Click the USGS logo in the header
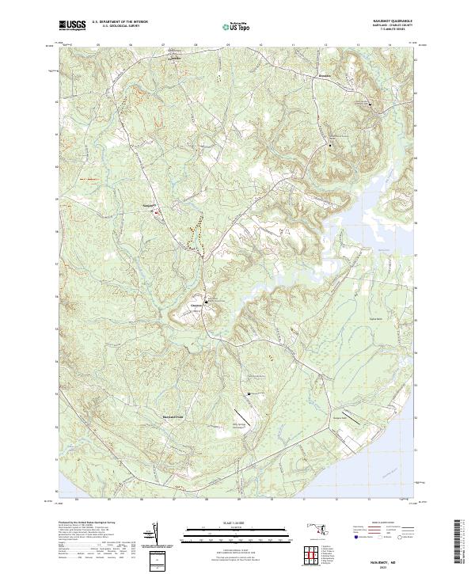(72, 25)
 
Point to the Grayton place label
(196, 303)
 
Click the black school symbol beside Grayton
(207, 302)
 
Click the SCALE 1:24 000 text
(237, 522)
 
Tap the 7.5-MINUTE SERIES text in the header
(387, 35)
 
